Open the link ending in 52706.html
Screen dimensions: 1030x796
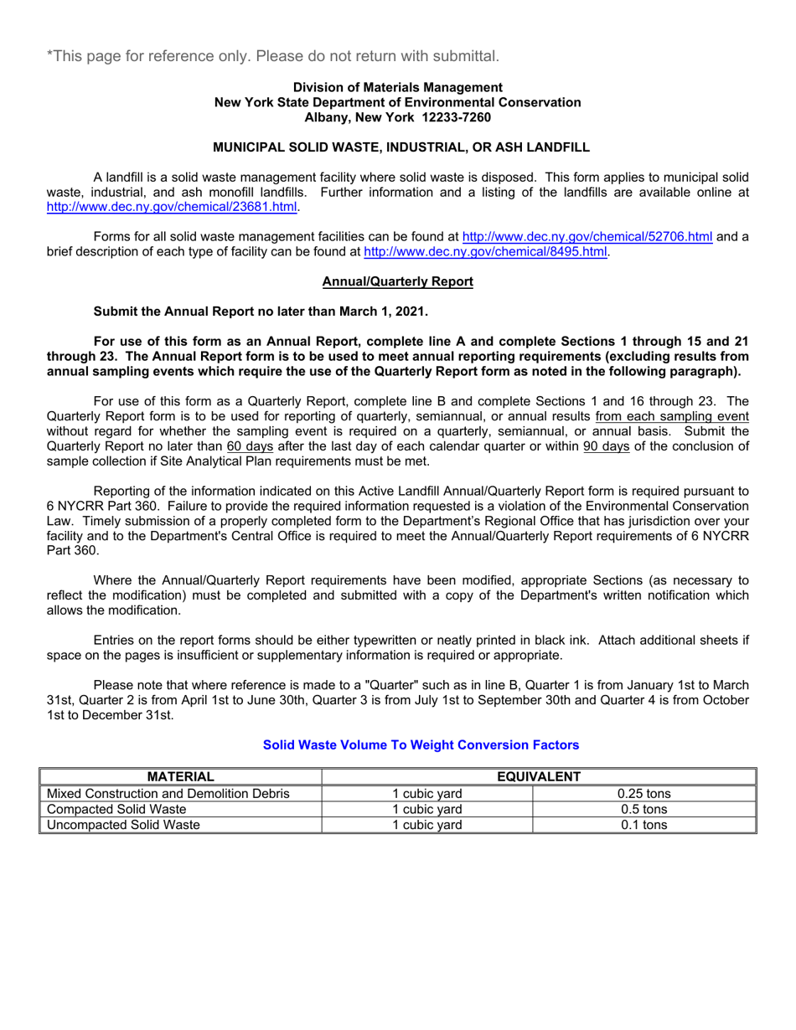(587, 237)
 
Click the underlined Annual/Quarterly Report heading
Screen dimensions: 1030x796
(397, 282)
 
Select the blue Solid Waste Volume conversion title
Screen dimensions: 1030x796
(421, 744)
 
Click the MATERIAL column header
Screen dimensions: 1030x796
(181, 777)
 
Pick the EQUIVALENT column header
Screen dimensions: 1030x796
(539, 777)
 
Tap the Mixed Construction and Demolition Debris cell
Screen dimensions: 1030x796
(168, 793)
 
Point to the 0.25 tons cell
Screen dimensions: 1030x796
(644, 793)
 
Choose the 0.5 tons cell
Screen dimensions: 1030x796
(644, 809)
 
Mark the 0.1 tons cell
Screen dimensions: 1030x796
(644, 825)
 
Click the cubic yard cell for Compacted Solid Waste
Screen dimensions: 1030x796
(427, 809)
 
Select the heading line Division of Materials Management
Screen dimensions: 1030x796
(397, 87)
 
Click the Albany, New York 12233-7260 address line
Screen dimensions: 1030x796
(397, 117)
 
